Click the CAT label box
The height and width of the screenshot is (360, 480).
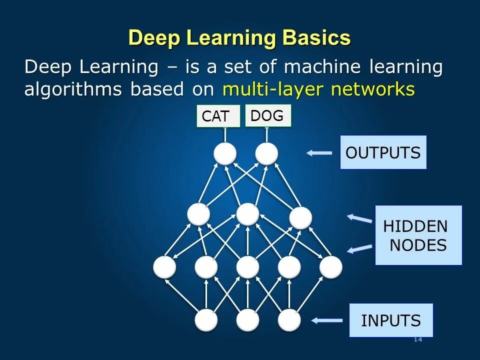click(218, 116)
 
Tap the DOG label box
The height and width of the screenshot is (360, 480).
click(267, 115)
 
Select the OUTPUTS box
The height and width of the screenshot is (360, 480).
click(383, 152)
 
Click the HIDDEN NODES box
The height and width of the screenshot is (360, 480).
click(418, 235)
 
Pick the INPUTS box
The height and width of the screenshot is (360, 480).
click(391, 320)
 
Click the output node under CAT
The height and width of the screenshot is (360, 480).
click(225, 153)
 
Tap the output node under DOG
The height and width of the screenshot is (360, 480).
click(266, 153)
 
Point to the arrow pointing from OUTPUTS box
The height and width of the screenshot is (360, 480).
click(319, 153)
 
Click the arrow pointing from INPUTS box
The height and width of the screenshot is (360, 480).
click(326, 320)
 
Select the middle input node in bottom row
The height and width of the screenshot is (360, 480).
click(247, 320)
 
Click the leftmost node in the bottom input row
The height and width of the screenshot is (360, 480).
click(206, 320)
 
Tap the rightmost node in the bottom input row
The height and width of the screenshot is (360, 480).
click(289, 320)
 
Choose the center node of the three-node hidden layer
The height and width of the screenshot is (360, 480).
click(247, 214)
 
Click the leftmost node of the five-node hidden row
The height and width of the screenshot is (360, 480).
click(164, 267)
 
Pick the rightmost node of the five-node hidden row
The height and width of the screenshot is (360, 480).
click(330, 267)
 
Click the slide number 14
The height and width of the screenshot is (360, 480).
click(418, 340)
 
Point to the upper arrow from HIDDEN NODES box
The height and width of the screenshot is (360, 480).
click(360, 218)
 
